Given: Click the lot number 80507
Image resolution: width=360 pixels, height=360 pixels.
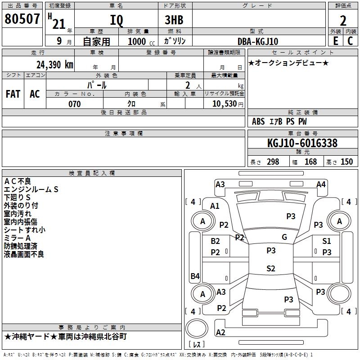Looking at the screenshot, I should (x=22, y=19).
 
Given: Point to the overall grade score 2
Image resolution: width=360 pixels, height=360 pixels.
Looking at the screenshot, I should (x=343, y=21).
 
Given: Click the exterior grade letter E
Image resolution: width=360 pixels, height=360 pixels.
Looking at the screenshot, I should (x=335, y=41).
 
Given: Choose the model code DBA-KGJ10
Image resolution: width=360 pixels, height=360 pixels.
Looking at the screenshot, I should (x=258, y=41).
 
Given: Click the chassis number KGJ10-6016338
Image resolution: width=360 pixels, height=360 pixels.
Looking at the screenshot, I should (x=302, y=143).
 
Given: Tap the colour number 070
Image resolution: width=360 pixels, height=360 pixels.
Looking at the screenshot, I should (x=75, y=104).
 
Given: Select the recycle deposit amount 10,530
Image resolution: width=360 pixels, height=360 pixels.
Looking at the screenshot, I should (x=224, y=104).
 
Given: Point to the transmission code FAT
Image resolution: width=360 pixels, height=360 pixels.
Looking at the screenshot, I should (x=13, y=94).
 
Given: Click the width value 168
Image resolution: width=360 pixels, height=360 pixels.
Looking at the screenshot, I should (x=310, y=162).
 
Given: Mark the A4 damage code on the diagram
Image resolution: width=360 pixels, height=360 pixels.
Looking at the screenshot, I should (x=321, y=184).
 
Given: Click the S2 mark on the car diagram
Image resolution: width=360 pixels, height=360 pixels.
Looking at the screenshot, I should (x=270, y=269).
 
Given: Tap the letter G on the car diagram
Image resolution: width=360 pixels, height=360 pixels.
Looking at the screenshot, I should (x=284, y=237).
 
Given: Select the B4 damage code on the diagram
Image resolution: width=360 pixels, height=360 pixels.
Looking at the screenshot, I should (x=195, y=276).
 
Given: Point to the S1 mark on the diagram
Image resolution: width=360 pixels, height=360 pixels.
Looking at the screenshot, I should (x=327, y=241).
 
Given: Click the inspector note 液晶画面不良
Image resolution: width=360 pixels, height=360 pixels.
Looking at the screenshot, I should (x=24, y=254).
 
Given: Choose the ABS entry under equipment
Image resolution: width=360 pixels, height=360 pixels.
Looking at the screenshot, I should (x=258, y=121).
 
